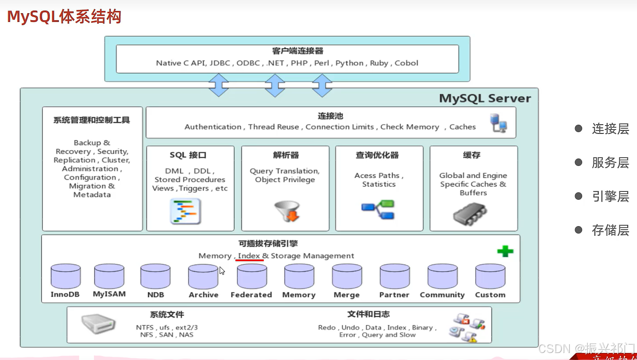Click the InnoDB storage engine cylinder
[66, 276]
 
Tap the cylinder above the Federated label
[252, 276]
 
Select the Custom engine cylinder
[490, 276]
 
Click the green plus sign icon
[505, 251]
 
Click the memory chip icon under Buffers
[470, 214]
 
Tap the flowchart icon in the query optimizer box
[378, 210]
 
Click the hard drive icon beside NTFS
[98, 324]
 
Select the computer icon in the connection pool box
[499, 123]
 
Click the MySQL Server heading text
[485, 98]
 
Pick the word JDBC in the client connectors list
[220, 63]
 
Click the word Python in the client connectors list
[350, 63]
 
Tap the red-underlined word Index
[249, 256]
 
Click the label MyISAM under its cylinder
[109, 294]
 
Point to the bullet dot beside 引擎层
[579, 196]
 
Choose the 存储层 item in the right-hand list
[611, 230]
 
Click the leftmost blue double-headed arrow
[218, 85]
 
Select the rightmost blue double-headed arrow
[322, 85]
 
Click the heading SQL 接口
[188, 155]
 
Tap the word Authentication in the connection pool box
[213, 127]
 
